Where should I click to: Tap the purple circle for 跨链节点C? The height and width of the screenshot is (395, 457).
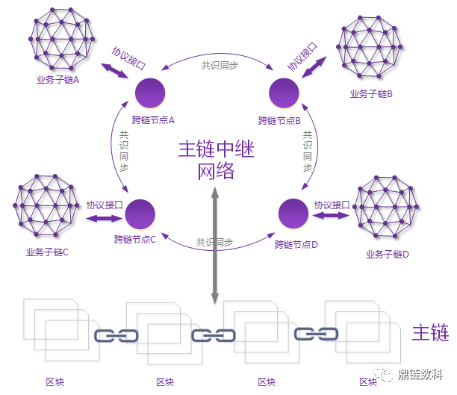coord(140,214)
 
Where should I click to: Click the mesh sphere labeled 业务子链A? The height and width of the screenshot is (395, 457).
coord(62,37)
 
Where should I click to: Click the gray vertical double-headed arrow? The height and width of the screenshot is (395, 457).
coord(215,246)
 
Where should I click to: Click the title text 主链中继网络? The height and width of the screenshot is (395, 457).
coord(216,160)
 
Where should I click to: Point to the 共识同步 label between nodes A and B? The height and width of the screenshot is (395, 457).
coord(220,65)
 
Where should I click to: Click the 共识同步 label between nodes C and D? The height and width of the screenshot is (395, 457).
coord(214,243)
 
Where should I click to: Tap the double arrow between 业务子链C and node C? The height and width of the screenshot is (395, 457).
coord(104,218)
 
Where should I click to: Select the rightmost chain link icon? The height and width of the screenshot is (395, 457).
coord(313,334)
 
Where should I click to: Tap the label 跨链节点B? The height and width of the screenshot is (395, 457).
coord(279,120)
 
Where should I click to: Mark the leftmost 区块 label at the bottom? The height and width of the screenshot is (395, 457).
coord(55,382)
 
